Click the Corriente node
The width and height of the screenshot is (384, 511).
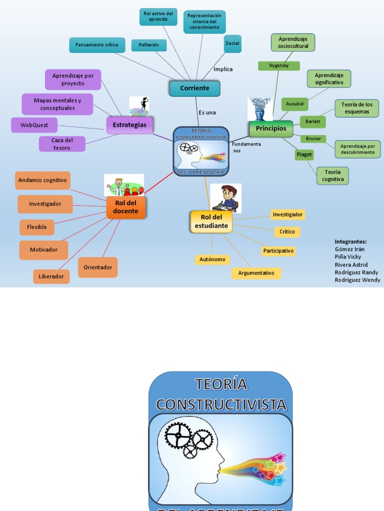coord(194,88)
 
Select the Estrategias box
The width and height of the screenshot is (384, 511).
coord(129,125)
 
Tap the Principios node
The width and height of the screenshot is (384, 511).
coord(271,129)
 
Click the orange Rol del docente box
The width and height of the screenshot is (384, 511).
coord(126,207)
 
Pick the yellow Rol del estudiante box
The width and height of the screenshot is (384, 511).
coord(211,222)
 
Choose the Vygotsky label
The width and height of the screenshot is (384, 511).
coord(278,66)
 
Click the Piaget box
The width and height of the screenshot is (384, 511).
coord(304,155)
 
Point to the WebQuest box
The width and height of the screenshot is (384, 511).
coord(34,125)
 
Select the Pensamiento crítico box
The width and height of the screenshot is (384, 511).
coord(96,45)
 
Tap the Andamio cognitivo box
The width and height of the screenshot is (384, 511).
coord(42,180)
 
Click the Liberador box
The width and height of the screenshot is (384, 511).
coord(51,276)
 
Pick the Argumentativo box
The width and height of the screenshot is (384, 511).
coord(256,273)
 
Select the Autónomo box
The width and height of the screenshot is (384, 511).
coord(212,259)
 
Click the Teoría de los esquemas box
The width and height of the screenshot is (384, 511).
coord(356,108)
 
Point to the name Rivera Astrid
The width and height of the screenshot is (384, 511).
coord(351,264)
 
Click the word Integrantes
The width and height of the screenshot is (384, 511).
coord(350,242)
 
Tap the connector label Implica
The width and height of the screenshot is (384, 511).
coord(223,69)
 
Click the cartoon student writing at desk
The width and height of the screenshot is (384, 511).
coord(226,198)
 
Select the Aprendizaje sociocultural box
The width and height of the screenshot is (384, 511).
coord(293,43)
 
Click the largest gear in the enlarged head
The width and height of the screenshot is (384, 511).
coord(177,435)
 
